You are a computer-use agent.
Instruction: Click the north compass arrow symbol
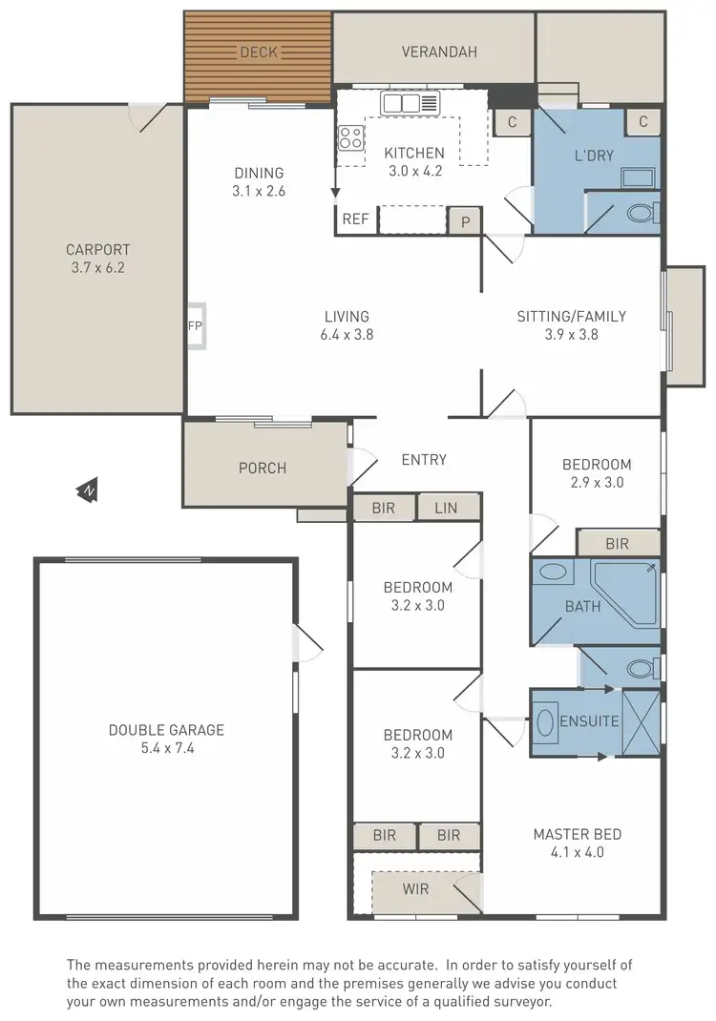(x=88, y=491)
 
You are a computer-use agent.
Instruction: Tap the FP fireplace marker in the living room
(x=195, y=325)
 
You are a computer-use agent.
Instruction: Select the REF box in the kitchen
(x=355, y=219)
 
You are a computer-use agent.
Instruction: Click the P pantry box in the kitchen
(x=465, y=220)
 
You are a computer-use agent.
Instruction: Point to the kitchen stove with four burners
(x=350, y=138)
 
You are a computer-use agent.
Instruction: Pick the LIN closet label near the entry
(x=446, y=508)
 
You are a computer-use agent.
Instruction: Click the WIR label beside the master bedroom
(x=415, y=889)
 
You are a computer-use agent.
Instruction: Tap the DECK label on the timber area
(x=258, y=52)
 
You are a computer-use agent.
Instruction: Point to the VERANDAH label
(x=438, y=52)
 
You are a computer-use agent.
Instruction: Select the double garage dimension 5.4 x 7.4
(x=166, y=748)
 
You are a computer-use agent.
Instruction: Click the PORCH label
(x=263, y=468)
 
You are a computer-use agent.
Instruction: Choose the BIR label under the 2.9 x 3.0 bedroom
(x=617, y=544)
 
